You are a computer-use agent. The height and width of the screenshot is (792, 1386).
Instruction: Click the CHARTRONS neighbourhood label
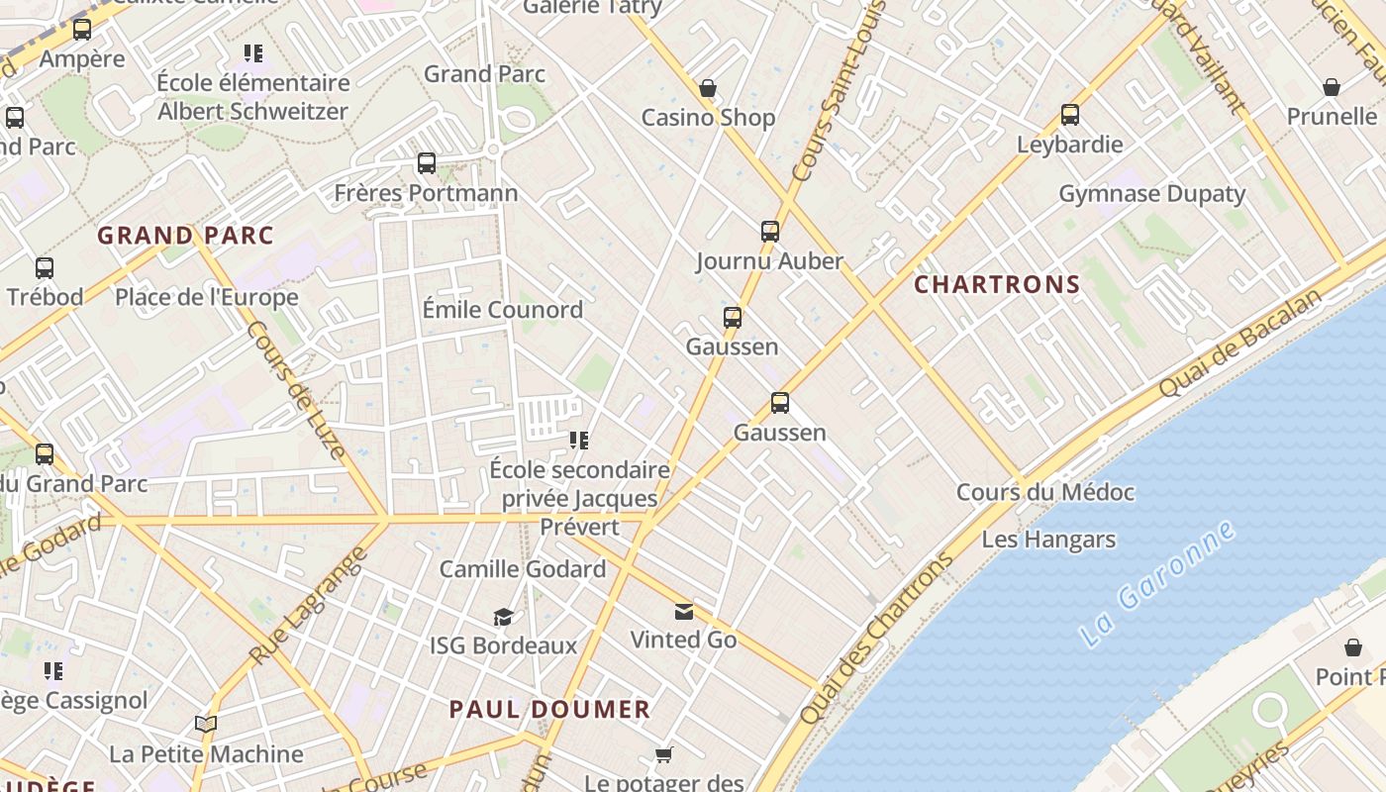[997, 285]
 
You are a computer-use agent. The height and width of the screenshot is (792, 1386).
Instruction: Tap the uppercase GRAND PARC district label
[185, 236]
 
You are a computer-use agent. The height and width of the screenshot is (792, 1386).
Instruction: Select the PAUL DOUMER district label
[549, 710]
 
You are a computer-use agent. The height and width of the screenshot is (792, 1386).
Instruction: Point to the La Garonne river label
[1157, 583]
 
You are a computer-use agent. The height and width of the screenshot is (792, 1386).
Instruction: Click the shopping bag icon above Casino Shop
[708, 89]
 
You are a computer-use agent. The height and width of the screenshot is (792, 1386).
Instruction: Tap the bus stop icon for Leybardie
[1070, 115]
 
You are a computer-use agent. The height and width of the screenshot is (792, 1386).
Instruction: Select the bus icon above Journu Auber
[770, 232]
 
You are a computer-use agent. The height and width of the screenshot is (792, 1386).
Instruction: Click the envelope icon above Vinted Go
[684, 611]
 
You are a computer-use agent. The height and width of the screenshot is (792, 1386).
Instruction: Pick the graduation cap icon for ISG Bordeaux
[504, 618]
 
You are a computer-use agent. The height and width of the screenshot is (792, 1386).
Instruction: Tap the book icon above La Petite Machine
[206, 725]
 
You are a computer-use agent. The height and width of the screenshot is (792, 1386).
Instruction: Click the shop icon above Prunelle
[1332, 87]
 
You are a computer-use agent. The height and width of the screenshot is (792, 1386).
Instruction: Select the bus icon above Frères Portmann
[427, 163]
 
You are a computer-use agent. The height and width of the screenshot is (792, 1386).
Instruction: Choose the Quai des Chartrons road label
[876, 638]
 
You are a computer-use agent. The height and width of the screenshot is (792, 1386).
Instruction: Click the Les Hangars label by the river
[1048, 540]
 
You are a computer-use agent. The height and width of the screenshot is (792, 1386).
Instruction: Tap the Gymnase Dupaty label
[1151, 194]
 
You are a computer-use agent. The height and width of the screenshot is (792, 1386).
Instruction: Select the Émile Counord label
[503, 310]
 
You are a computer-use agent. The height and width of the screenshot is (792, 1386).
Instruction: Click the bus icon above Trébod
[45, 268]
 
